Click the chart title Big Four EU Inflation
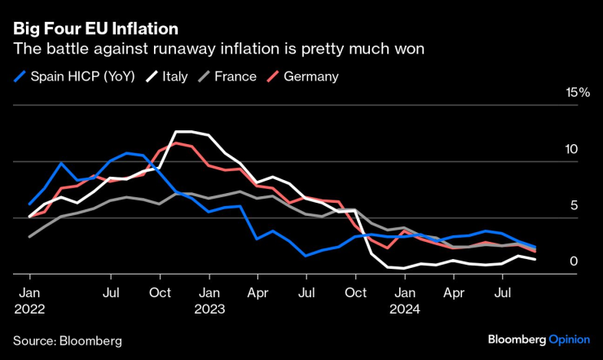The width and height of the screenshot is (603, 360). click(95, 29)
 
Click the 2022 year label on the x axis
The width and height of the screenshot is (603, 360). click(29, 310)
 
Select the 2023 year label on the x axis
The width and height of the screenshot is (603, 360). click(209, 310)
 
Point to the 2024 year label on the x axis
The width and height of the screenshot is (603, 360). click(404, 310)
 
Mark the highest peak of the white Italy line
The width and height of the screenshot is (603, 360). click(184, 131)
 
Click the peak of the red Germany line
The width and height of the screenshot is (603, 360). click(175, 143)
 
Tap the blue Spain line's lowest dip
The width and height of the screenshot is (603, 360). click(306, 256)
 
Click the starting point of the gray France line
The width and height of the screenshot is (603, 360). click(29, 237)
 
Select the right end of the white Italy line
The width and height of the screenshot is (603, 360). click(535, 259)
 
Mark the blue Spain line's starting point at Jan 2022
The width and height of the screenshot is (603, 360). click(29, 204)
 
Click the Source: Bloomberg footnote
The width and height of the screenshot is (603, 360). click(67, 340)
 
